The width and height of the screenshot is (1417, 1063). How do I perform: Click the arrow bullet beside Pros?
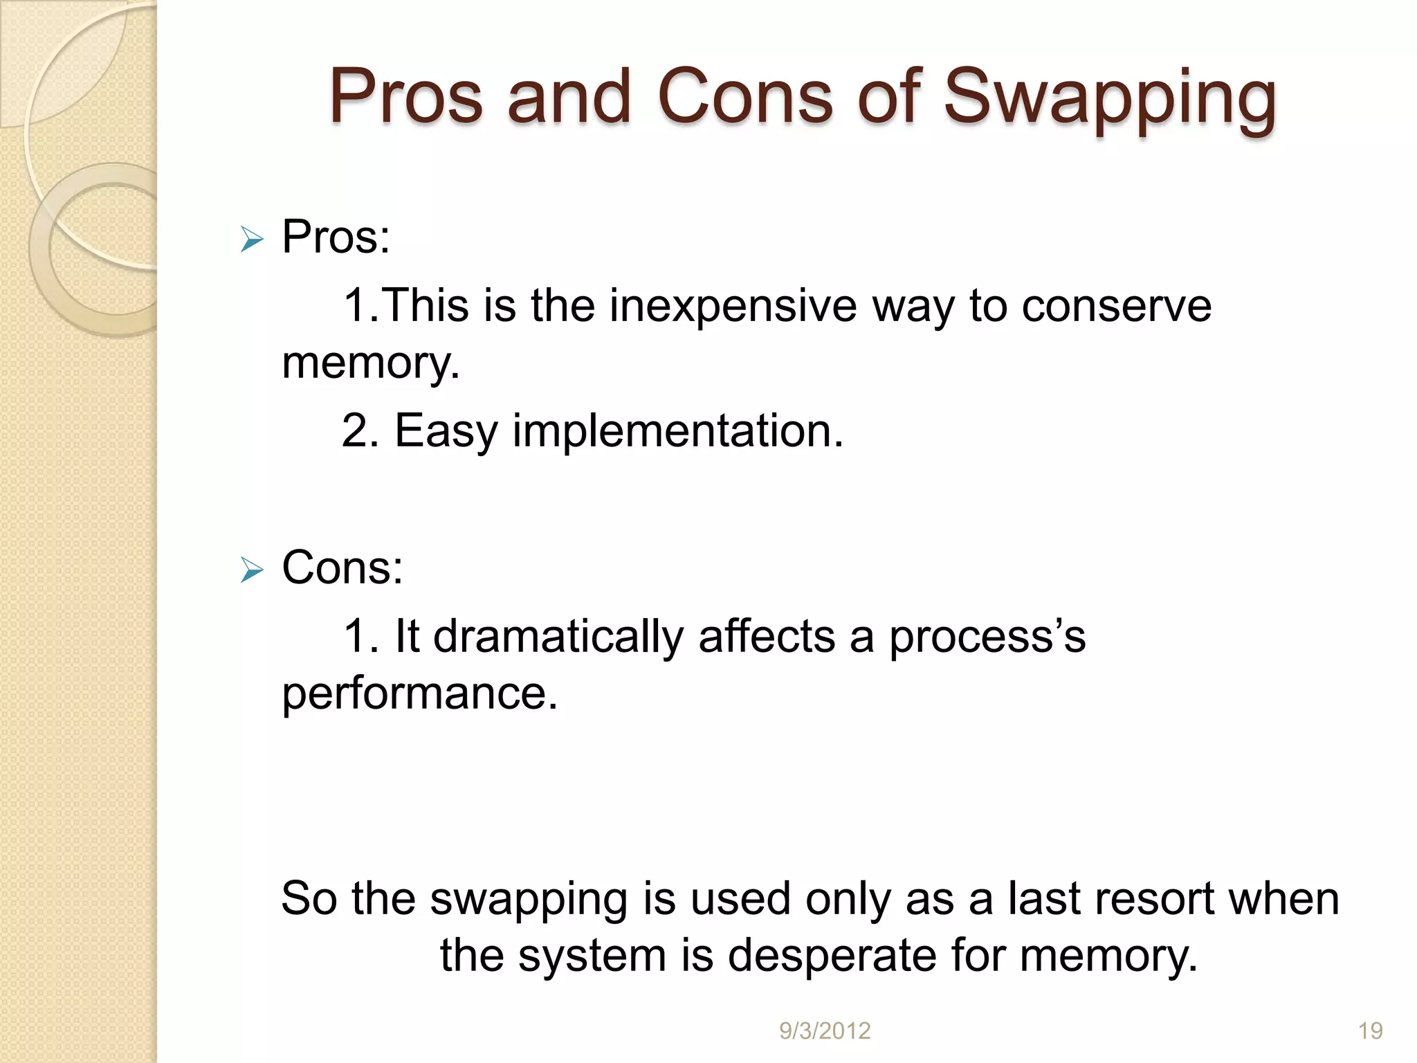252,241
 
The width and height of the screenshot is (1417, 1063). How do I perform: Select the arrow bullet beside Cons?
252,571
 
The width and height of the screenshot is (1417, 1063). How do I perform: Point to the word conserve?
1117,305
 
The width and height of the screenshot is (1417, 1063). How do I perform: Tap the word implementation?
677,430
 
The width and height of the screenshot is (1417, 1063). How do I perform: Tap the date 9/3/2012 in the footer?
825,1031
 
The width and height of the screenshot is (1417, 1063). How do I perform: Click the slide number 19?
1370,1031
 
